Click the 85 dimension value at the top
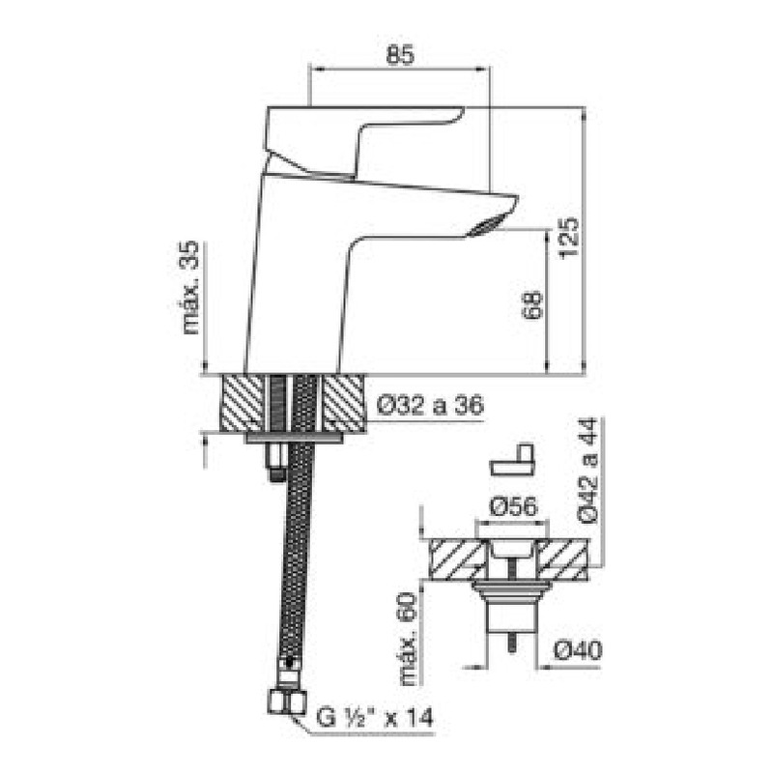(400, 55)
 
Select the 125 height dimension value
(568, 238)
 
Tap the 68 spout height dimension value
(532, 305)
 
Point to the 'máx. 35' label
(189, 287)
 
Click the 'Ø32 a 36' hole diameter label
(430, 405)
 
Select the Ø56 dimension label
(513, 506)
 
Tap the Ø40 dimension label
(578, 650)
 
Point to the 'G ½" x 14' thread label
(375, 717)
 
